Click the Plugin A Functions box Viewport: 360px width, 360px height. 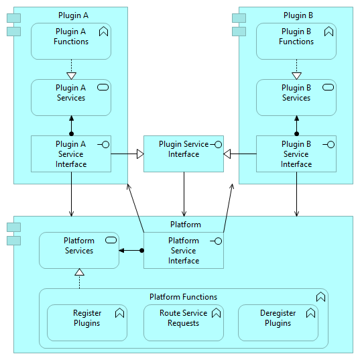[x=71, y=41]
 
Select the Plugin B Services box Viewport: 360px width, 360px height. [x=296, y=98]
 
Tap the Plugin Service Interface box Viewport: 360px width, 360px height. [x=184, y=154]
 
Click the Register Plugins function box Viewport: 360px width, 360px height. [x=87, y=323]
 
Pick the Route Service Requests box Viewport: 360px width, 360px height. [x=184, y=323]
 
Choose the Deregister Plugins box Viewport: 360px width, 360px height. [x=278, y=323]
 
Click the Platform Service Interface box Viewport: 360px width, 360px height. [x=184, y=250]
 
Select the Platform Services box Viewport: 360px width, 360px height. [x=79, y=250]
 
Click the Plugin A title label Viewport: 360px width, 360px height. [x=73, y=15]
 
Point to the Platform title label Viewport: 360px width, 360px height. [x=186, y=225]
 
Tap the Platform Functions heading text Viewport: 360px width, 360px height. [x=183, y=297]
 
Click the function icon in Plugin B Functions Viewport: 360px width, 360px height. [x=328, y=32]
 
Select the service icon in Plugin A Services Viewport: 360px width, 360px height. [x=103, y=87]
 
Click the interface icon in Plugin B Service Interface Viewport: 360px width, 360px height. [x=328, y=145]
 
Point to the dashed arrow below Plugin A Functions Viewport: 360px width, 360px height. [x=71, y=70]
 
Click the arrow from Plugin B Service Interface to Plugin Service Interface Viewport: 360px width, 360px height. [x=240, y=154]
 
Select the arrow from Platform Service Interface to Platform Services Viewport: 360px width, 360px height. [x=131, y=251]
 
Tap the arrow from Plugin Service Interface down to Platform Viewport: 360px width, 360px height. [x=184, y=194]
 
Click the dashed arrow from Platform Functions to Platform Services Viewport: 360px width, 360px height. [x=79, y=278]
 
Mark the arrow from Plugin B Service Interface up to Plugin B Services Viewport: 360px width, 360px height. [x=296, y=126]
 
